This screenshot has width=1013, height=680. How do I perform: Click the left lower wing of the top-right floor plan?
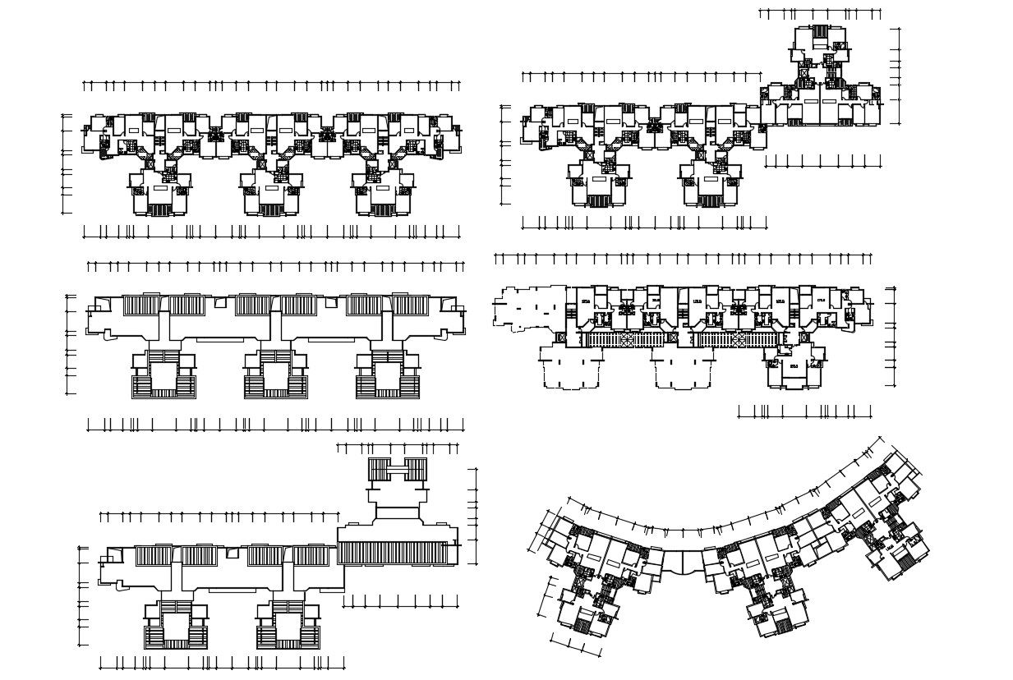pos(598,184)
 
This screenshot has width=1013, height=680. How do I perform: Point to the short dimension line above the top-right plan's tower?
pos(819,13)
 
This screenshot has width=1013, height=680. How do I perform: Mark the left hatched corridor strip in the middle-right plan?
pos(626,338)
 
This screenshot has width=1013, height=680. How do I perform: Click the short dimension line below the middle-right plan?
pos(804,411)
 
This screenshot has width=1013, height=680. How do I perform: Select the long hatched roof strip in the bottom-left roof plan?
pos(397,553)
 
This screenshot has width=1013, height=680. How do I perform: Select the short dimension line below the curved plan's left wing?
pos(573,645)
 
